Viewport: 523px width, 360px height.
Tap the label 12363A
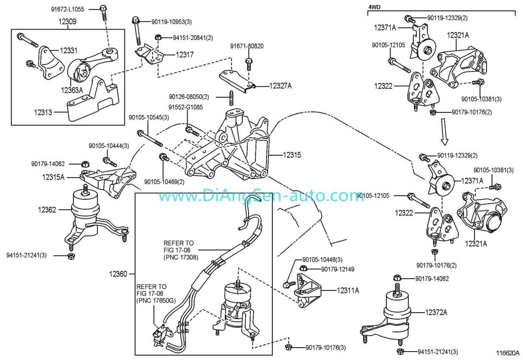pyautogui.click(x=72, y=90)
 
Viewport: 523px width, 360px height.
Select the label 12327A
pyautogui.click(x=280, y=86)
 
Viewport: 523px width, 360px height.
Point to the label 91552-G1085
pyautogui.click(x=186, y=107)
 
